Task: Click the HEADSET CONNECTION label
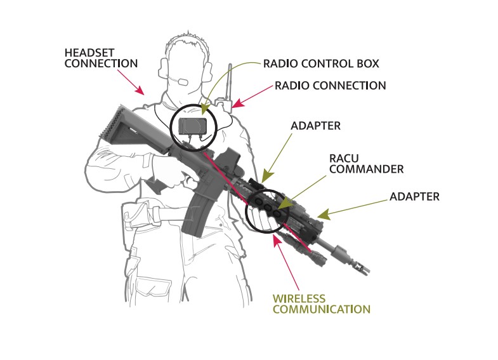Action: point(101,58)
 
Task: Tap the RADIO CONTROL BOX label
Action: point(321,63)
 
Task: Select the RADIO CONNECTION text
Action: point(331,86)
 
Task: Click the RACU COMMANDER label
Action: point(366,164)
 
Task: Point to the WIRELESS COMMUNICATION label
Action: point(322,303)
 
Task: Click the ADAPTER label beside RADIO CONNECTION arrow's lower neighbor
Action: point(315,126)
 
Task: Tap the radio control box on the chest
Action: point(193,126)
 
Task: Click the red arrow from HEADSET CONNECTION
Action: point(131,83)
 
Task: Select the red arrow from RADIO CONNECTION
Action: point(252,97)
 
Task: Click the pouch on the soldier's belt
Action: point(136,216)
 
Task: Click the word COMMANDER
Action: point(366,169)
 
